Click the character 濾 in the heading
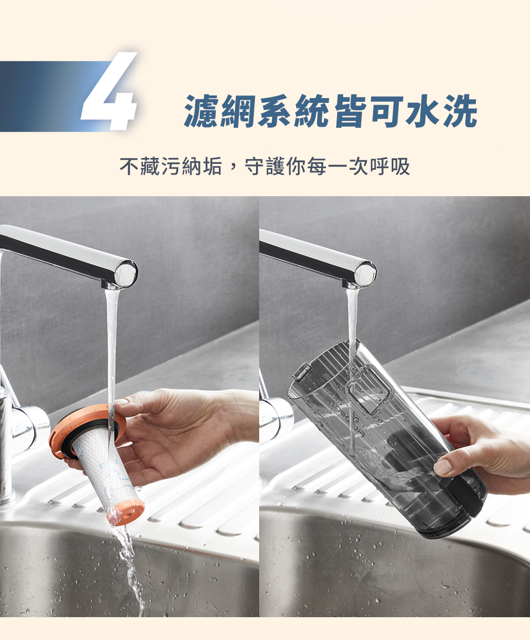(201, 111)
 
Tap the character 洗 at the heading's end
(460, 111)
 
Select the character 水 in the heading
(423, 111)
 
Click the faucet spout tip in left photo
(126, 274)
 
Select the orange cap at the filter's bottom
(126, 512)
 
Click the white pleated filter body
(105, 469)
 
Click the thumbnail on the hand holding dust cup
(442, 466)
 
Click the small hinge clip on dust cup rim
(302, 371)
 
